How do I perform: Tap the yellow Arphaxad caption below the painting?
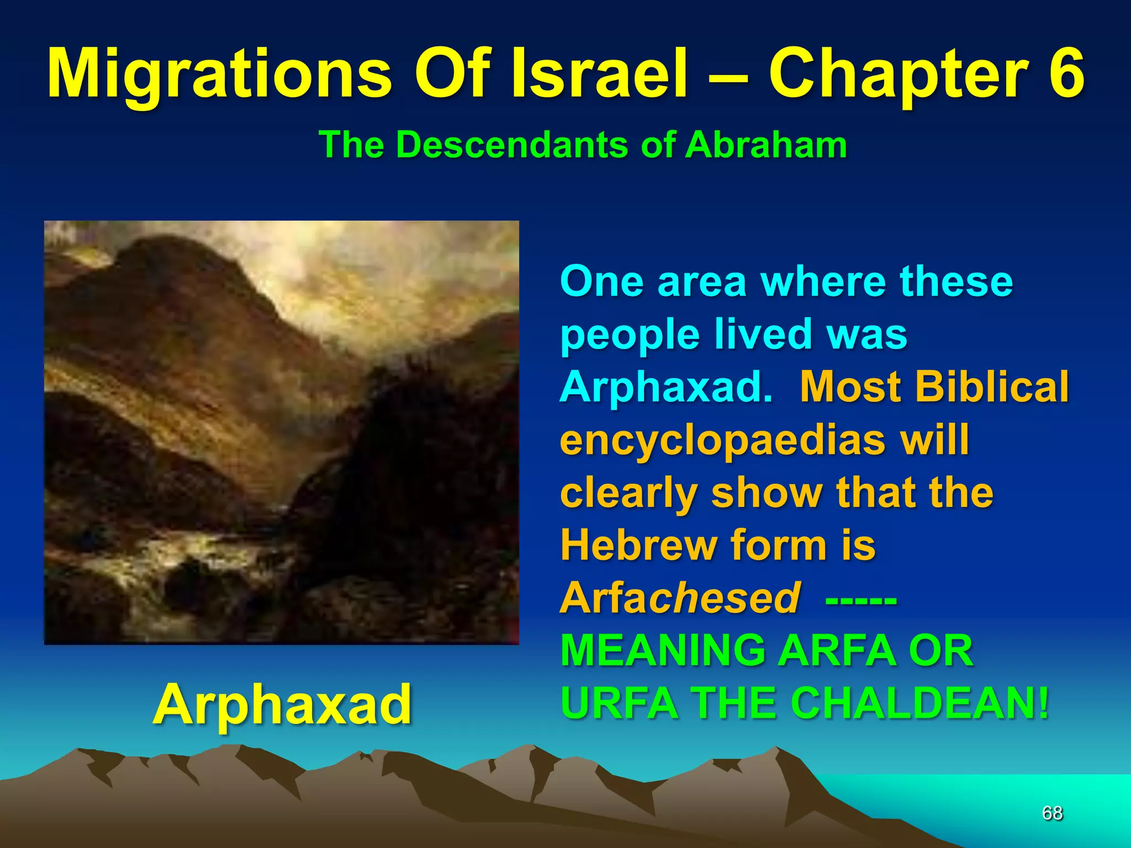point(282,704)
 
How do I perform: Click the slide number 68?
point(1052,813)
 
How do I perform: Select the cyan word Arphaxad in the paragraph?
point(666,386)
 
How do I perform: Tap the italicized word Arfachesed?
point(680,598)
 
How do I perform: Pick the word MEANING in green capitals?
point(663,650)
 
